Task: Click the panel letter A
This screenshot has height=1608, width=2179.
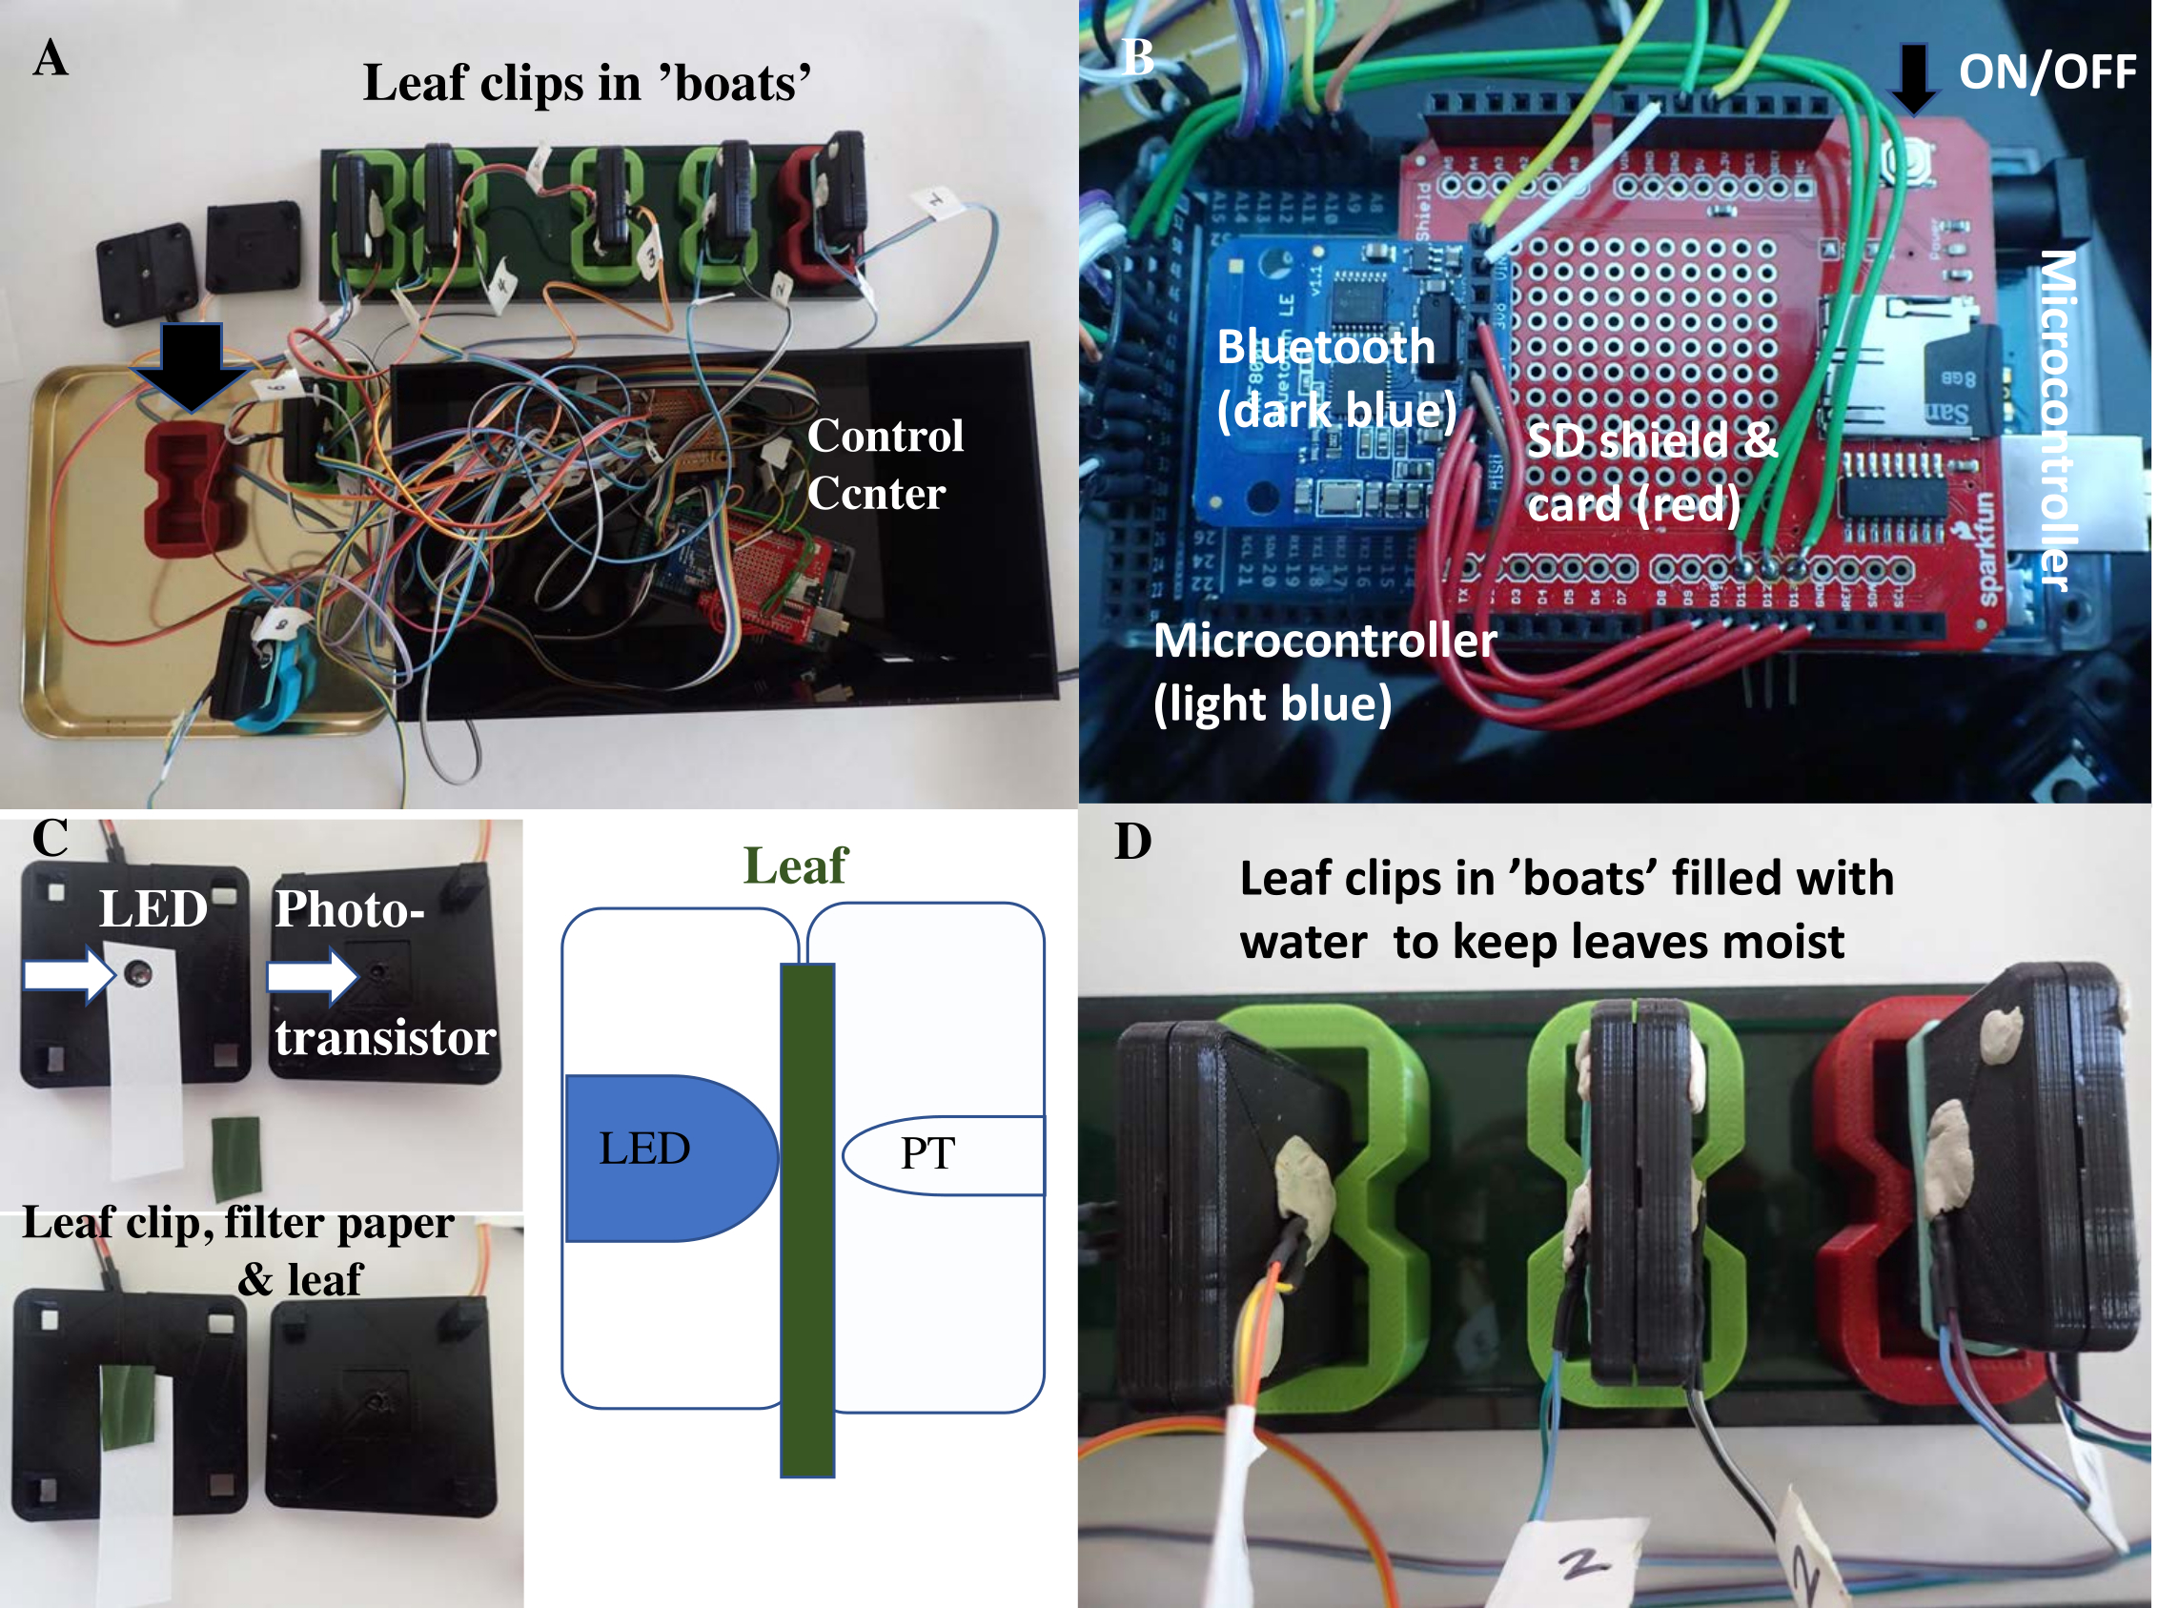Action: click(51, 57)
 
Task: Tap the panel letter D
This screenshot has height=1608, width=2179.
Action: click(1131, 842)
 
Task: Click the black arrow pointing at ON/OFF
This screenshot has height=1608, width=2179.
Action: click(1912, 78)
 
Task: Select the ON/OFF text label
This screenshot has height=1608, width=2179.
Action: click(2046, 72)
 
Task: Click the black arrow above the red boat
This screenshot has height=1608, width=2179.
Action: click(192, 365)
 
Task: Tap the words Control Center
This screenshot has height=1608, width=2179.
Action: click(884, 464)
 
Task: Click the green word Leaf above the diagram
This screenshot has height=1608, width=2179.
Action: click(794, 865)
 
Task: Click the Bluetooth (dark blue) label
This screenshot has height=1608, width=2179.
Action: click(1335, 377)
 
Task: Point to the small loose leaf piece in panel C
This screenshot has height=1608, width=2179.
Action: click(236, 1158)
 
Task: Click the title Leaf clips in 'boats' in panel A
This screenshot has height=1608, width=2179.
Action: click(587, 83)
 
